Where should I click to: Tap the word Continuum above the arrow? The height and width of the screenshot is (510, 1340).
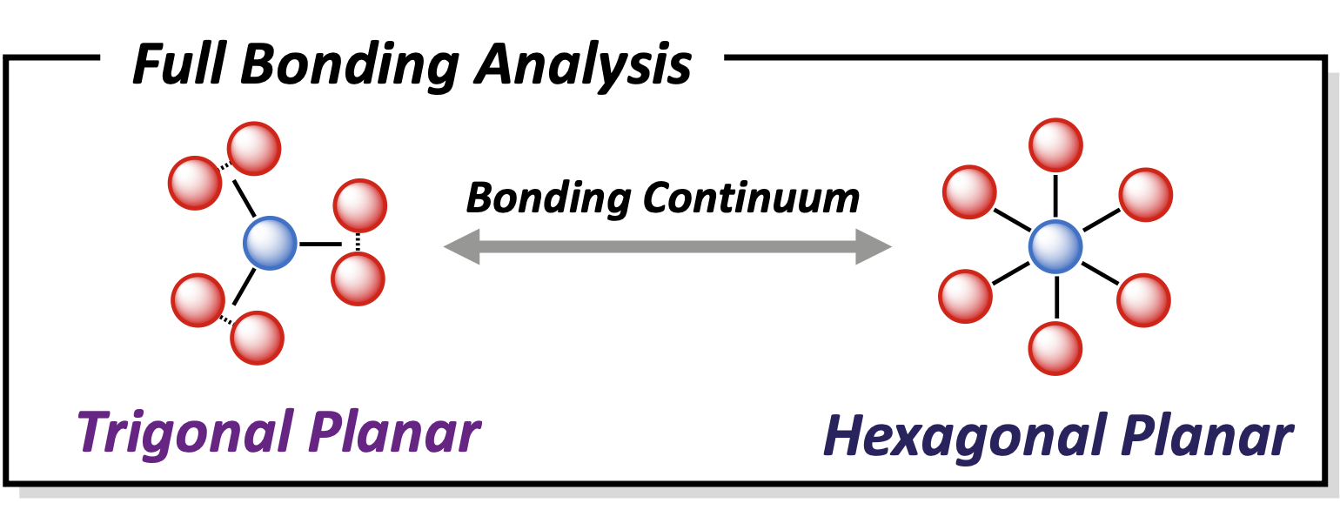(751, 198)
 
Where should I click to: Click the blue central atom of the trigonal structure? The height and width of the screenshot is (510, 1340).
(270, 243)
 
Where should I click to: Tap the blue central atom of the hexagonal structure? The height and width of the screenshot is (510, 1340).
(1055, 246)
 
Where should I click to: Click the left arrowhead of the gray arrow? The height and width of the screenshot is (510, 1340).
(461, 246)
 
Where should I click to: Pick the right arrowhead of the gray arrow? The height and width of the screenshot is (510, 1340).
(874, 246)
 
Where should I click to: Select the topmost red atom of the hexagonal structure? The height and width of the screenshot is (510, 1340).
(1055, 144)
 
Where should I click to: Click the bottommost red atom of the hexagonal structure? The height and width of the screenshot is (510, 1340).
(1055, 348)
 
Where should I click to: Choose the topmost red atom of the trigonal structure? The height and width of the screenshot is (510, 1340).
(254, 149)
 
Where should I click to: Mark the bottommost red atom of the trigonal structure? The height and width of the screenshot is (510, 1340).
(258, 338)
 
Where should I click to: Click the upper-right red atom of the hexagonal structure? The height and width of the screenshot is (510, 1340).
(1146, 195)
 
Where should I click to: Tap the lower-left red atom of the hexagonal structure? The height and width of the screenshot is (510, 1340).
(966, 296)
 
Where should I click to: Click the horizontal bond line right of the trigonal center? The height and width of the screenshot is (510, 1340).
(320, 245)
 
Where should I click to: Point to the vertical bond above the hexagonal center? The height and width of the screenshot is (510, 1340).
(1055, 196)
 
